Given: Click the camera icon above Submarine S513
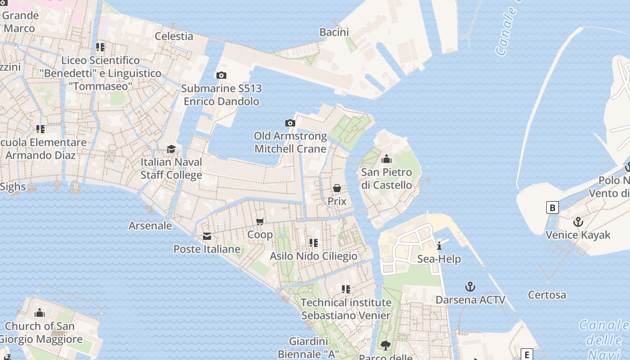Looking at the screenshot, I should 221,75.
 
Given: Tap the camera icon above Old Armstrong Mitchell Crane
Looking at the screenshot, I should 290,123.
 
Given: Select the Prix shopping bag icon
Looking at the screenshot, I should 337,188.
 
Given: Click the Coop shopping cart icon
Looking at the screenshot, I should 260,221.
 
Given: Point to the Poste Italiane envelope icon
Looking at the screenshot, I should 207,236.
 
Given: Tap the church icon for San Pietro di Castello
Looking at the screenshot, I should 386,159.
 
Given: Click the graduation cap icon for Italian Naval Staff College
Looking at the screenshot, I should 171,149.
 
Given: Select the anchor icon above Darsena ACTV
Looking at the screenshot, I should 470,287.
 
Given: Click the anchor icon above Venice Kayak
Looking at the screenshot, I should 578,222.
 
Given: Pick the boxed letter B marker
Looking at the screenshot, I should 552,207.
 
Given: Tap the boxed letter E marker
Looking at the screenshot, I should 526,354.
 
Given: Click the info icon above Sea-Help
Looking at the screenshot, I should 439,246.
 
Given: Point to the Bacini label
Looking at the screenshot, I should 334,32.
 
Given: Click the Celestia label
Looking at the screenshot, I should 174,36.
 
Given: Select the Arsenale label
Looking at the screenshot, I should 150,225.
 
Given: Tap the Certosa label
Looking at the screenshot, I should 547,295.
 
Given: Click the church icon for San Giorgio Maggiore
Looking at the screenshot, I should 40,313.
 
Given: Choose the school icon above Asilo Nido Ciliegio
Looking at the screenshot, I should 313,243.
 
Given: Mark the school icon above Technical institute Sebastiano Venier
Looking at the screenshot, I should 346,289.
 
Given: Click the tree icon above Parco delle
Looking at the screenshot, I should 385,345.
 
